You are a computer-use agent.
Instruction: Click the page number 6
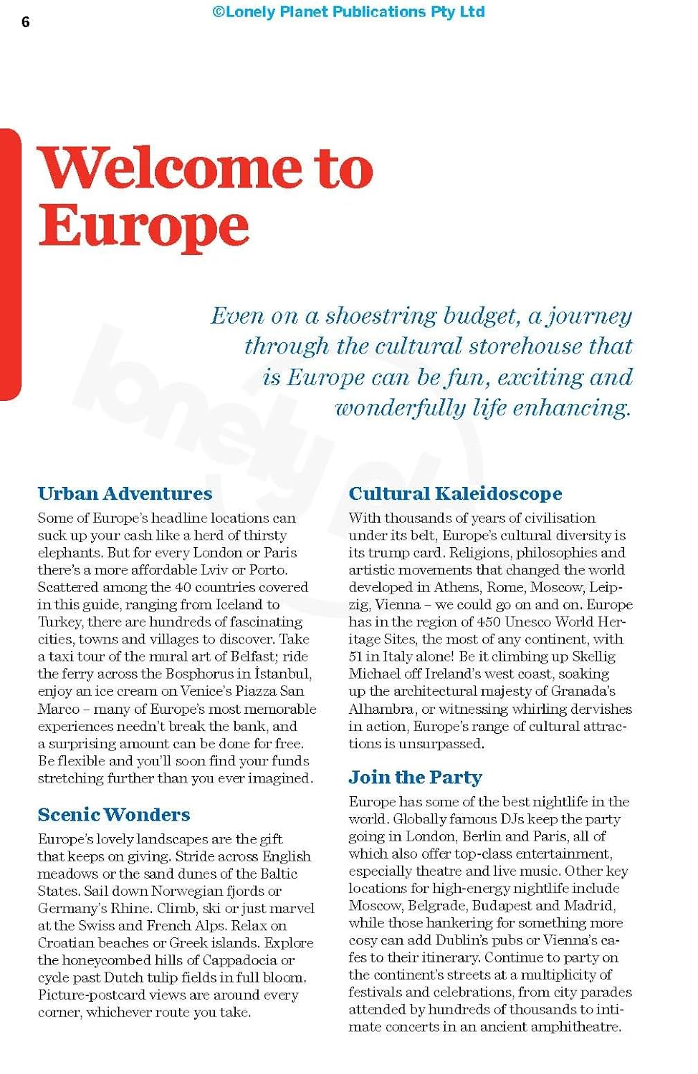(26, 22)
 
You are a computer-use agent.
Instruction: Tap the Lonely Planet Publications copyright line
(348, 12)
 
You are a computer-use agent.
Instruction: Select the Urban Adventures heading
(125, 493)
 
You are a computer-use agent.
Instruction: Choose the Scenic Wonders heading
(114, 814)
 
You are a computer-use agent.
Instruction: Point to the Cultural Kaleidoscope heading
(455, 493)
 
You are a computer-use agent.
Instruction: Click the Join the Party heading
(415, 777)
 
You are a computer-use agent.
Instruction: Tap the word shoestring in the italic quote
(381, 316)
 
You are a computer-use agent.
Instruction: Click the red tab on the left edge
(10, 264)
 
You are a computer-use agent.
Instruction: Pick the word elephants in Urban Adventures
(70, 553)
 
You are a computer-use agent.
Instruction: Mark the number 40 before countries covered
(183, 587)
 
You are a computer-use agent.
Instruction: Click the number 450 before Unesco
(489, 621)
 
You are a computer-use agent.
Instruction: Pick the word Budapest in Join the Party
(502, 905)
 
